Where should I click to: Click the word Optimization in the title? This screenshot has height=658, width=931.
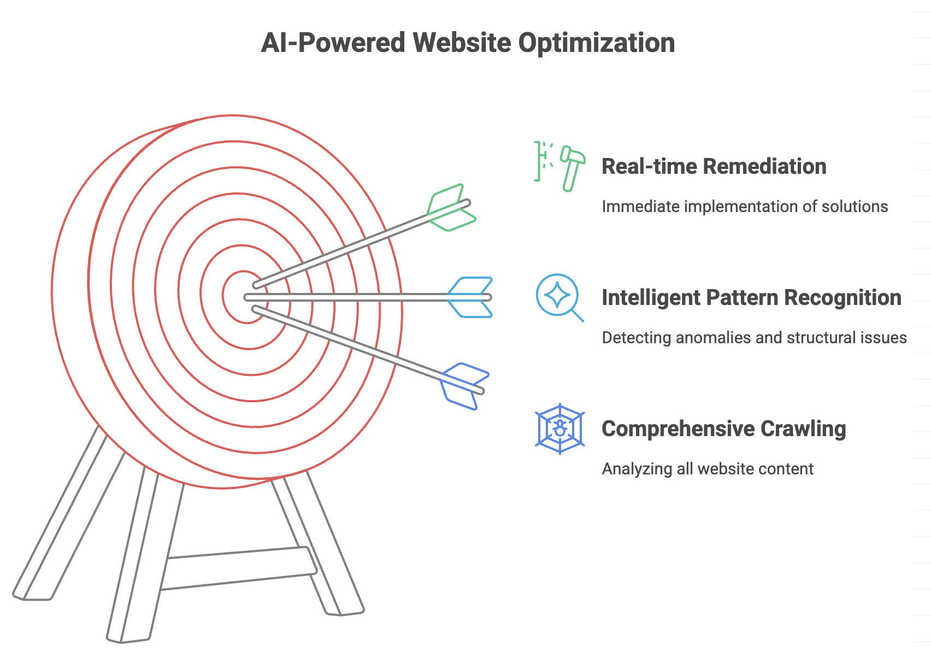click(597, 43)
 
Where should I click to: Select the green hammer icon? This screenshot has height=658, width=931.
click(573, 168)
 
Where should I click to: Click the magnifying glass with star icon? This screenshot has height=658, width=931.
click(559, 297)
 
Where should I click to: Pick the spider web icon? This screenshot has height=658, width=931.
click(560, 428)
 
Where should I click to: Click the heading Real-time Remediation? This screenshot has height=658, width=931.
click(714, 166)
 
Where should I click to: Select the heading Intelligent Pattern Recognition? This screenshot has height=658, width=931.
click(751, 298)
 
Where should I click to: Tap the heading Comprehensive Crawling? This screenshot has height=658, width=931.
click(723, 429)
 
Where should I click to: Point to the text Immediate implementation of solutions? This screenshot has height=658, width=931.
click(745, 207)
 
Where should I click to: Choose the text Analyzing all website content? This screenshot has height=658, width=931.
click(708, 469)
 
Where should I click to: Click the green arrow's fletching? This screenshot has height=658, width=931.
click(451, 208)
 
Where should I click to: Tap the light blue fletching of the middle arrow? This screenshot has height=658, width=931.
click(470, 297)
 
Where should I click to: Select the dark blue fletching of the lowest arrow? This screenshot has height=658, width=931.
click(464, 386)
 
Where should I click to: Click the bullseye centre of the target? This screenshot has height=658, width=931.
click(244, 297)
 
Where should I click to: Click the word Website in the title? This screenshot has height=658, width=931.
click(462, 43)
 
